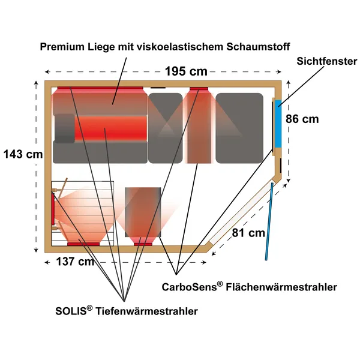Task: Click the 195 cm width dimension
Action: (186, 71)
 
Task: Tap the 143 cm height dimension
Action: (23, 154)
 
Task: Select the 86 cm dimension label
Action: (302, 119)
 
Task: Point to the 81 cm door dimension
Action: (248, 233)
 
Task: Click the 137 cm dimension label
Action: (75, 261)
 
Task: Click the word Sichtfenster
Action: (327, 61)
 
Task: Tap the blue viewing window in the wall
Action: (278, 124)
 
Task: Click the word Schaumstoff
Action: (258, 47)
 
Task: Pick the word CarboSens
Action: (190, 287)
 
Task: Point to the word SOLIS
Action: (71, 311)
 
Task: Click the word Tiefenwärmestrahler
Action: (146, 311)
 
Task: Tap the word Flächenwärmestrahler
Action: (281, 287)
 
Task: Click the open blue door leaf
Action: (269, 221)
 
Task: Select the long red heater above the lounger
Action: (100, 88)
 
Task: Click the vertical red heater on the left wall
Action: (53, 209)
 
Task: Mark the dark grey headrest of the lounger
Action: (65, 128)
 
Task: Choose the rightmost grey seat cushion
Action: (239, 128)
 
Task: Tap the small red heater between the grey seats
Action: (199, 89)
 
